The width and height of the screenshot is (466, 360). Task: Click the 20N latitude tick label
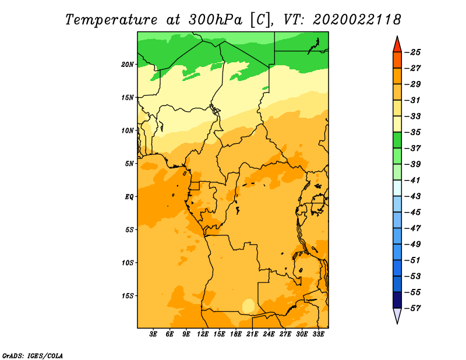(128, 65)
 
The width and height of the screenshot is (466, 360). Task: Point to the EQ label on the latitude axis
(129, 197)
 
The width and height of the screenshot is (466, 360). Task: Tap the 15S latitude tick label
(128, 296)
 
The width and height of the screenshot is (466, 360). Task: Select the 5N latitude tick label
(129, 164)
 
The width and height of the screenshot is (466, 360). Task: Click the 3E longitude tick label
(153, 334)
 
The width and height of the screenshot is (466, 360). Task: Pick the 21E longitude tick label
(252, 334)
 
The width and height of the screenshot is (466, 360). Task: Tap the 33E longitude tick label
(318, 334)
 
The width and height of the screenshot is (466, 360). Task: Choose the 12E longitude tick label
(203, 334)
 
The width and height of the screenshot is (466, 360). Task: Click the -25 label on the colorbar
(413, 52)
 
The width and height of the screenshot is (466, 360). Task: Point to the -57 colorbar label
(413, 308)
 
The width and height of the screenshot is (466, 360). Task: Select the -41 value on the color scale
(413, 180)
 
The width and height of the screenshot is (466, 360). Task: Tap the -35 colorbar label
(413, 132)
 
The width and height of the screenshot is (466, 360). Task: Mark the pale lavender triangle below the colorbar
(397, 315)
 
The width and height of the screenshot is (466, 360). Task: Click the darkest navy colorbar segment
(397, 300)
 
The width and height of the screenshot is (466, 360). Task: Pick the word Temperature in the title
(111, 20)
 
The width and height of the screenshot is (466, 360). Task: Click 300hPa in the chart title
(216, 20)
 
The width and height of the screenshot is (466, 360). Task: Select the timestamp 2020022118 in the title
(357, 20)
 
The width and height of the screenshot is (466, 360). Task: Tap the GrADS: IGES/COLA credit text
(33, 356)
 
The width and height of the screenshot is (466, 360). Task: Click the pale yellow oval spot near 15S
(249, 306)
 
